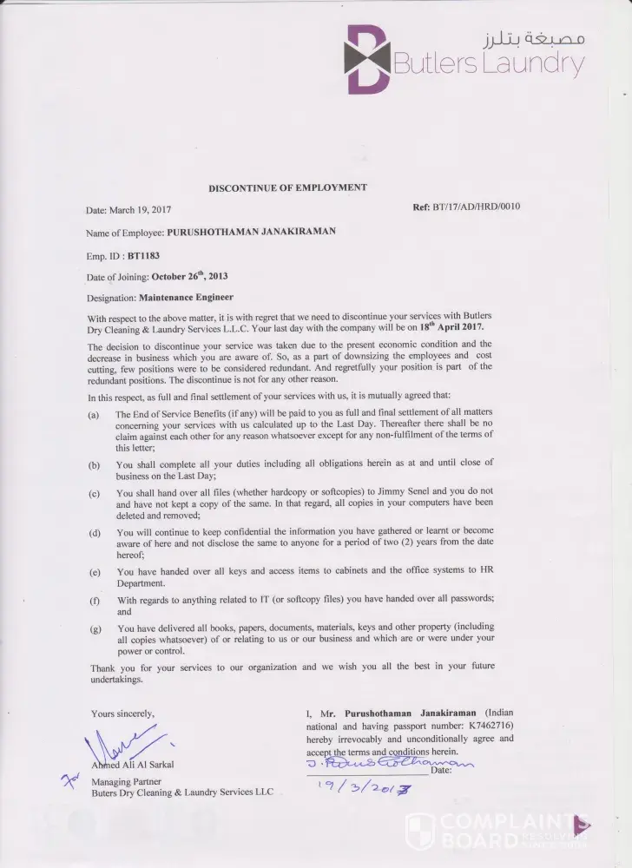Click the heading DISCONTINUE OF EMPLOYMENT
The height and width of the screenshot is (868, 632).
(286, 187)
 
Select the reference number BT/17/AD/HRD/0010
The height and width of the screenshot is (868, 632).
(476, 207)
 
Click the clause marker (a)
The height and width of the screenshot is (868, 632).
(94, 416)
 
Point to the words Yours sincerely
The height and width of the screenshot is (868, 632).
(122, 713)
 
